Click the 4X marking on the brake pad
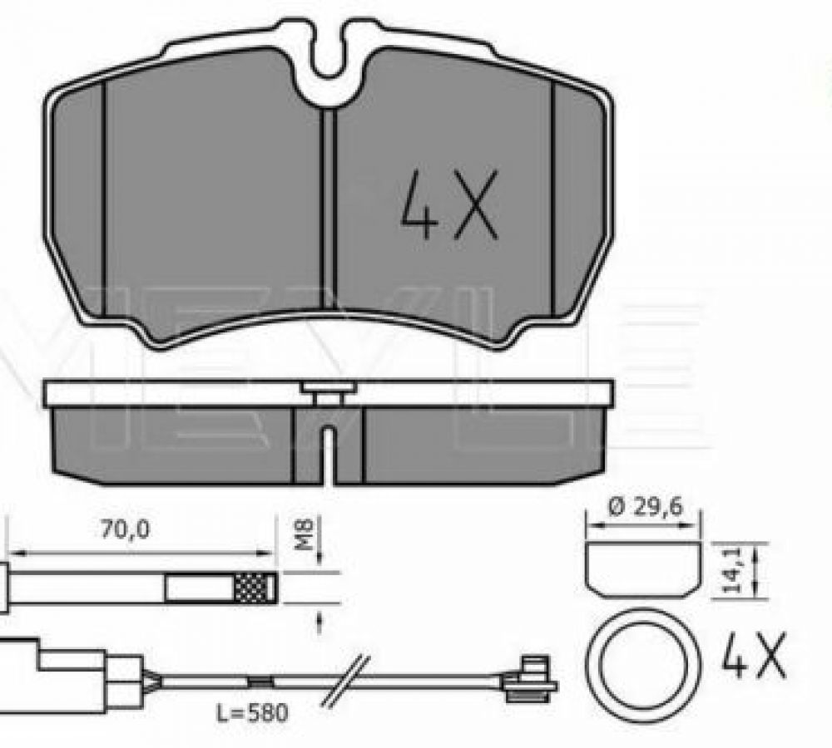[448, 204]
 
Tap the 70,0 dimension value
[126, 529]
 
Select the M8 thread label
[305, 535]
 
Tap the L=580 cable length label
[252, 712]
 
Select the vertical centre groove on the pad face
[329, 209]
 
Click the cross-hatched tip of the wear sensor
[255, 588]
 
